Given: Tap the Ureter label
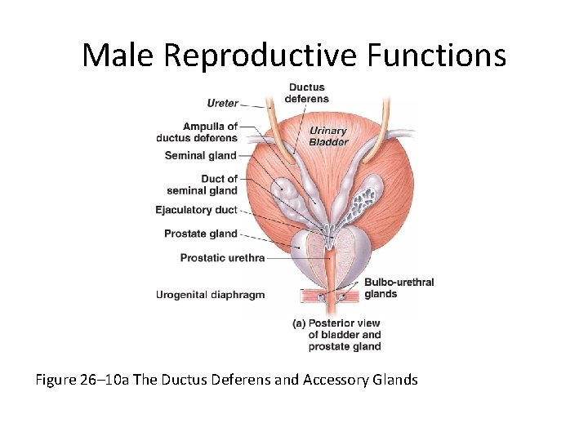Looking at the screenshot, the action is click(222, 103).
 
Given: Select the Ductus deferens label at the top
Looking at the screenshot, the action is click(305, 93).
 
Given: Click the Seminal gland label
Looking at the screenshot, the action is click(200, 155).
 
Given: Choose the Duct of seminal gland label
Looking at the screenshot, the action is click(210, 185).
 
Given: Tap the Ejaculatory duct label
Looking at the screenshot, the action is click(196, 210).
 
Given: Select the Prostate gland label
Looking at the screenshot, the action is click(200, 234).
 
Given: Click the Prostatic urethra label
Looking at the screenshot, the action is click(222, 258).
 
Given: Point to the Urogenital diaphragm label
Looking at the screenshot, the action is click(210, 295).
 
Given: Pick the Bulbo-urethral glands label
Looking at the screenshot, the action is click(399, 288).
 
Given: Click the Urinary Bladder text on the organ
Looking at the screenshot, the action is click(327, 136).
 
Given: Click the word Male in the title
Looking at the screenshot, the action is click(119, 56).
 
